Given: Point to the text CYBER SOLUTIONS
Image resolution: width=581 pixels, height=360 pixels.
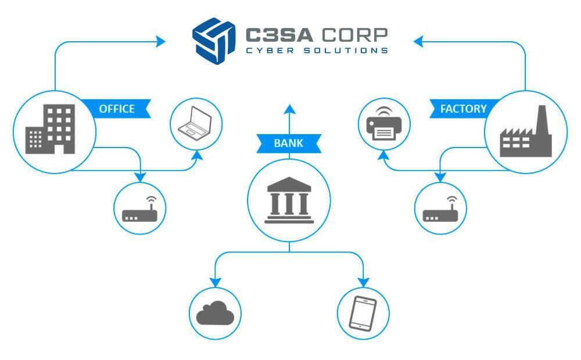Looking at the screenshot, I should click(317, 51).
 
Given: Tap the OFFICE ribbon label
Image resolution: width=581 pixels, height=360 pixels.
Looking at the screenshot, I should click(117, 109).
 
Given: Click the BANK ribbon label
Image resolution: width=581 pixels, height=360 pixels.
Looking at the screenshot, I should click(289, 143).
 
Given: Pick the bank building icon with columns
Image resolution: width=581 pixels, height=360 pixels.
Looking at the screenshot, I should click(289, 201).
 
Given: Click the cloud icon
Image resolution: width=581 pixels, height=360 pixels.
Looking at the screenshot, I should click(215, 314).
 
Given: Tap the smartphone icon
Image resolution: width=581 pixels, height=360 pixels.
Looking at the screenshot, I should click(363, 314).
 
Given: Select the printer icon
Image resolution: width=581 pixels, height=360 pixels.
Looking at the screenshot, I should click(384, 124).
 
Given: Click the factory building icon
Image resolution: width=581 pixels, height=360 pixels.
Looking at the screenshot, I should click(526, 135).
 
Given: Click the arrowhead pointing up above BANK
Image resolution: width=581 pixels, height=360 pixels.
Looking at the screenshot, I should click(289, 109).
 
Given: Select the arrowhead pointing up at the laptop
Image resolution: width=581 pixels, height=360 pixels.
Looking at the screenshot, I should click(198, 156).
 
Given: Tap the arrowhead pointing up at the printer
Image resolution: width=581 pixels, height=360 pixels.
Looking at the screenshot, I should click(383, 156).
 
